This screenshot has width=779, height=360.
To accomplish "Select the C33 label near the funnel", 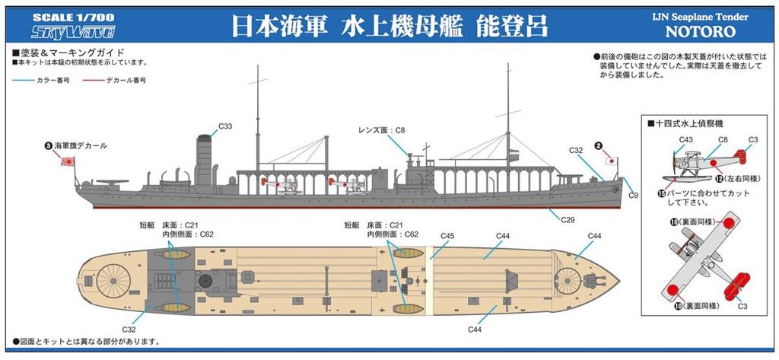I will [x=225, y=126].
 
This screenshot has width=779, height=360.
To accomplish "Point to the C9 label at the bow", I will [x=634, y=196].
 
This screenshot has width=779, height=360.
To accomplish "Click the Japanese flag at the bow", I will [x=610, y=162].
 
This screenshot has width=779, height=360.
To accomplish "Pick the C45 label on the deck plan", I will [x=447, y=236].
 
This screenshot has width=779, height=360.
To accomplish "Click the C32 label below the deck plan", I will [x=127, y=329].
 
